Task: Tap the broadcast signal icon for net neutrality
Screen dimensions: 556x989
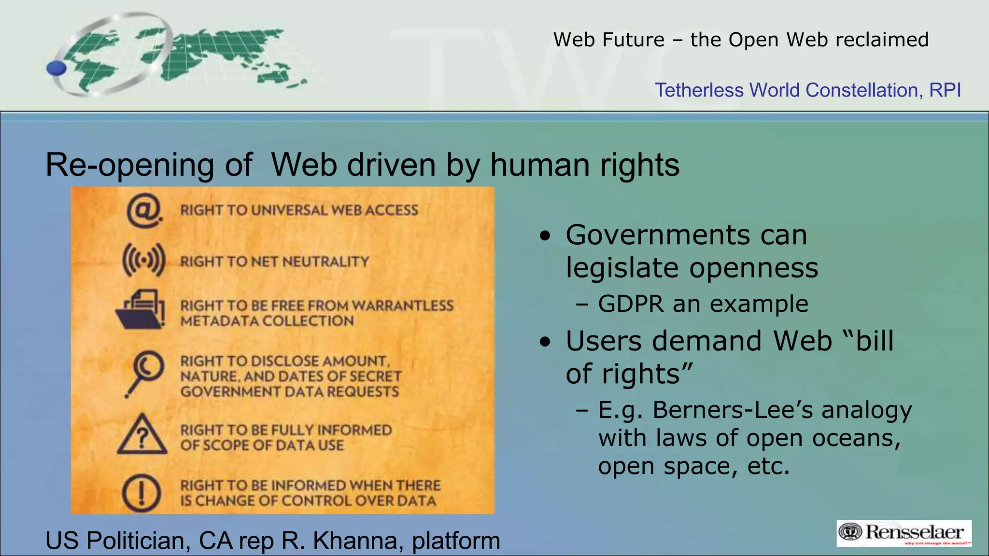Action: (x=143, y=261)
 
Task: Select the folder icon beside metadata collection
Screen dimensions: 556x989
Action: (x=141, y=310)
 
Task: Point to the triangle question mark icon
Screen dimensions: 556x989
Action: (x=142, y=435)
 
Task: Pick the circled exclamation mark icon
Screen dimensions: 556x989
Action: (x=141, y=493)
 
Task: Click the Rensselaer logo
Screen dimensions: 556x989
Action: (x=904, y=533)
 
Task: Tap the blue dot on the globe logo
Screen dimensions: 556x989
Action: (x=57, y=68)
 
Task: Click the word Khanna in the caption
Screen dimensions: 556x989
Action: (x=358, y=541)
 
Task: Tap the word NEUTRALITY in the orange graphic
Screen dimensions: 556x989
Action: (x=325, y=262)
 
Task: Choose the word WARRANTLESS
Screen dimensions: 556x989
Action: (x=403, y=306)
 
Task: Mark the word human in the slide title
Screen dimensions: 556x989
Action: (x=540, y=165)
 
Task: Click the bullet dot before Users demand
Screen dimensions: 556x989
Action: (x=545, y=342)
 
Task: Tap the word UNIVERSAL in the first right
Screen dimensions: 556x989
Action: (x=289, y=210)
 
